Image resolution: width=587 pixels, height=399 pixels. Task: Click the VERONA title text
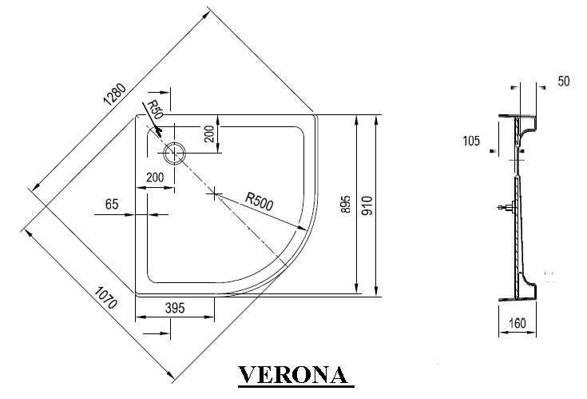coord(293,375)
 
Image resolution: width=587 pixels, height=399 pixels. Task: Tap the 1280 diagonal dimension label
coord(115,94)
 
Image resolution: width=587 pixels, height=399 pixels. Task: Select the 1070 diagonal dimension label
coord(106,297)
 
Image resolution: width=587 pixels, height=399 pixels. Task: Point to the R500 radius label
coord(260,201)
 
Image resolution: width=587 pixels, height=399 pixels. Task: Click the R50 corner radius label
coord(154,110)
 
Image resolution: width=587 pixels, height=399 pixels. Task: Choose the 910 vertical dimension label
coord(367,205)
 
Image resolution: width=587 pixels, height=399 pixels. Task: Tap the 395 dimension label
coord(175,308)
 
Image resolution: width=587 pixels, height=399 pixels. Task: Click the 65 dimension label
coord(112,204)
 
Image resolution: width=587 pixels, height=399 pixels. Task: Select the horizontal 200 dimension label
coord(155,177)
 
